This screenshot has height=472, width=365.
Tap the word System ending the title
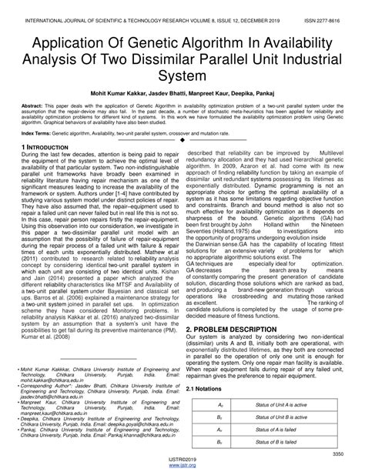(182, 76)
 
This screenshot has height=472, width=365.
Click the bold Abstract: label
(35, 109)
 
